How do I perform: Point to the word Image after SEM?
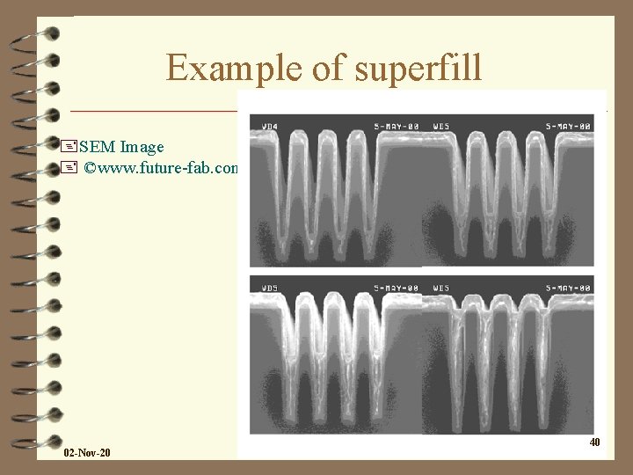click(142, 146)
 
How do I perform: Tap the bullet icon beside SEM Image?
click(70, 146)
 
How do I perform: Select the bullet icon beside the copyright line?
click(70, 167)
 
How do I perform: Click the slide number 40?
click(595, 442)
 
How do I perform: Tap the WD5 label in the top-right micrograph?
click(441, 125)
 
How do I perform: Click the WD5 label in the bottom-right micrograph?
click(441, 287)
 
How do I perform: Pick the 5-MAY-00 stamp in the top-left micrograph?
click(397, 125)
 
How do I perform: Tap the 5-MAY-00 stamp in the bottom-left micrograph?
click(397, 287)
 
